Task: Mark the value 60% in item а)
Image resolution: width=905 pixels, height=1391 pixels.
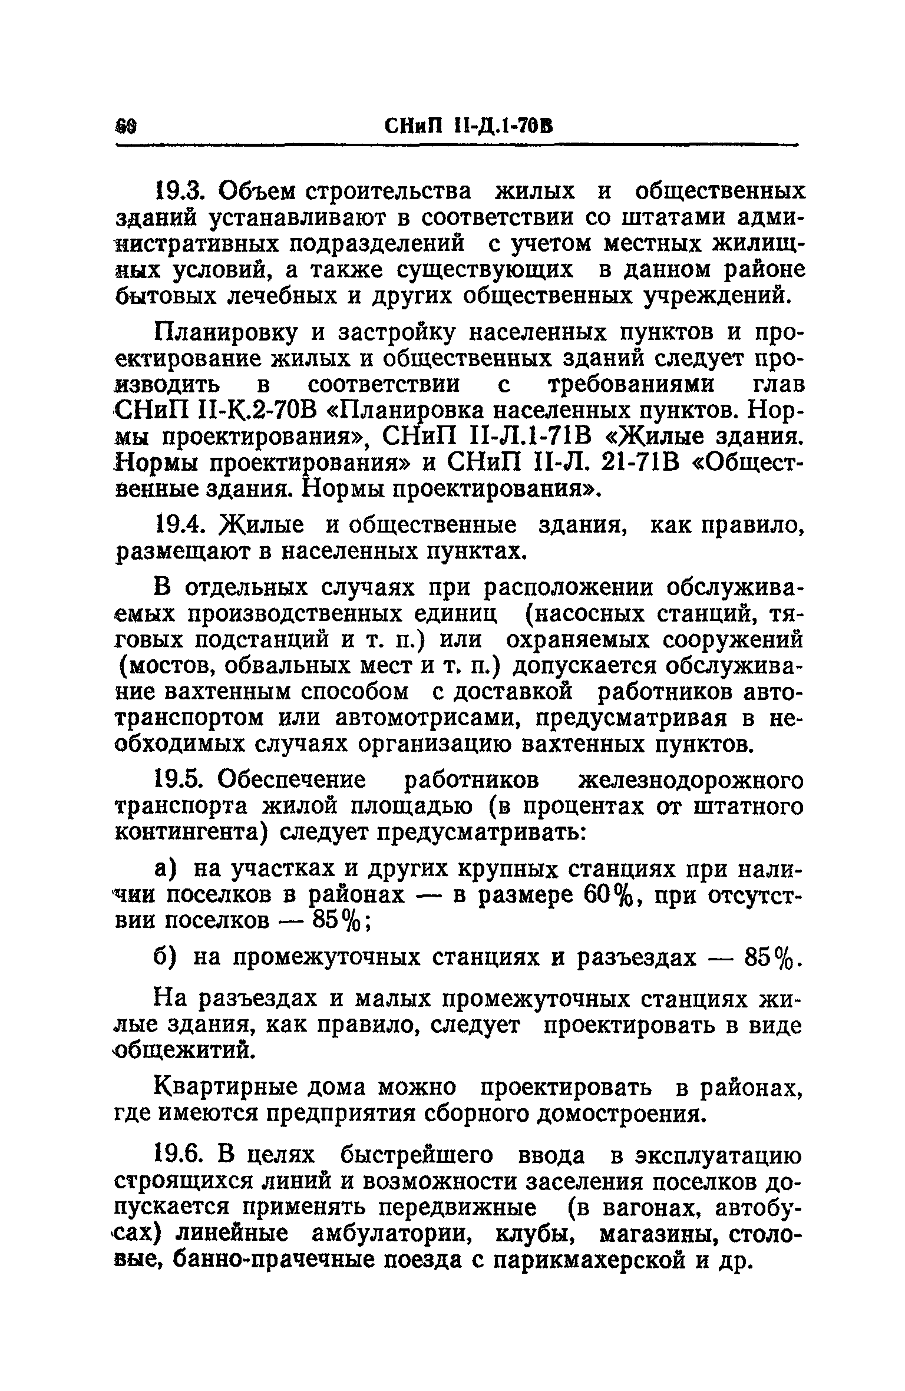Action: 609,895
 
